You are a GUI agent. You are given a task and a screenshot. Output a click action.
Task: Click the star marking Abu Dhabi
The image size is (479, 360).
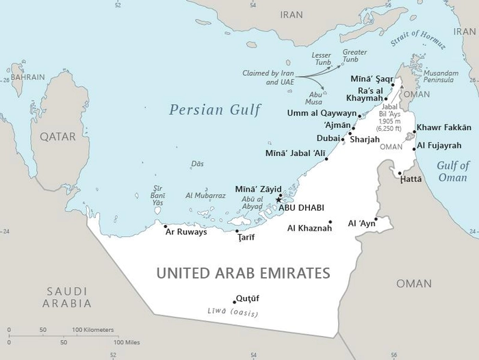point(278,200)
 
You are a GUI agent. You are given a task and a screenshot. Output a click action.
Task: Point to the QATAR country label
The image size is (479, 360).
point(57,136)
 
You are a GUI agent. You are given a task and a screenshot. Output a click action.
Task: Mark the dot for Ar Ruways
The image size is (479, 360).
point(165,225)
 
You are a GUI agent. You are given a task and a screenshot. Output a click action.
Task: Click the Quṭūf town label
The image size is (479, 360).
point(247,298)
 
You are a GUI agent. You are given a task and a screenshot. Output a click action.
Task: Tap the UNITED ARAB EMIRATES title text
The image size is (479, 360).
point(243,273)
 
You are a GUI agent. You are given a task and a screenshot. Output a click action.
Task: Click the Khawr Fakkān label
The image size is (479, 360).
point(443,127)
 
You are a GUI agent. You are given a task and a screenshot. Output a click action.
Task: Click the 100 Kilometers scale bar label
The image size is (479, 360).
point(93,330)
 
